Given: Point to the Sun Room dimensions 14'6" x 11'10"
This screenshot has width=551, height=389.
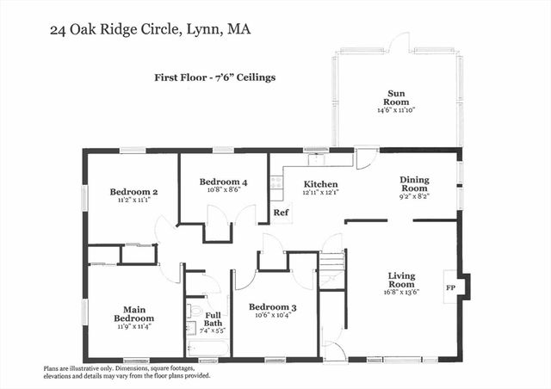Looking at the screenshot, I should [396, 110].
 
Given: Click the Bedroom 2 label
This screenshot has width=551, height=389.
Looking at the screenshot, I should [133, 191].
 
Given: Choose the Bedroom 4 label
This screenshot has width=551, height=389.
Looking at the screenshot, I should [223, 182].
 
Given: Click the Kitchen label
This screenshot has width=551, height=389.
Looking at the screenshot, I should [319, 184].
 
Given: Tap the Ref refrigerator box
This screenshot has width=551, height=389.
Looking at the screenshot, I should [280, 212].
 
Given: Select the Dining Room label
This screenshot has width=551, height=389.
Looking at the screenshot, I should [414, 184].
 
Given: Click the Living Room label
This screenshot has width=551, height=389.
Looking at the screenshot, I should [401, 280].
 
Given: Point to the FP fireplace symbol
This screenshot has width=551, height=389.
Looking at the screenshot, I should [450, 287].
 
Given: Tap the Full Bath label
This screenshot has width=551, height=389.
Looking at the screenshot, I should [213, 318].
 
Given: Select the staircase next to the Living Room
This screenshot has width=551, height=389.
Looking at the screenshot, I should [331, 262].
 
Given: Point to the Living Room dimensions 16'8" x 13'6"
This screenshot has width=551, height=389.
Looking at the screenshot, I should [401, 292].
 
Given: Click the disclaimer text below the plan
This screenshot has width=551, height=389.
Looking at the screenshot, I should [129, 372].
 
